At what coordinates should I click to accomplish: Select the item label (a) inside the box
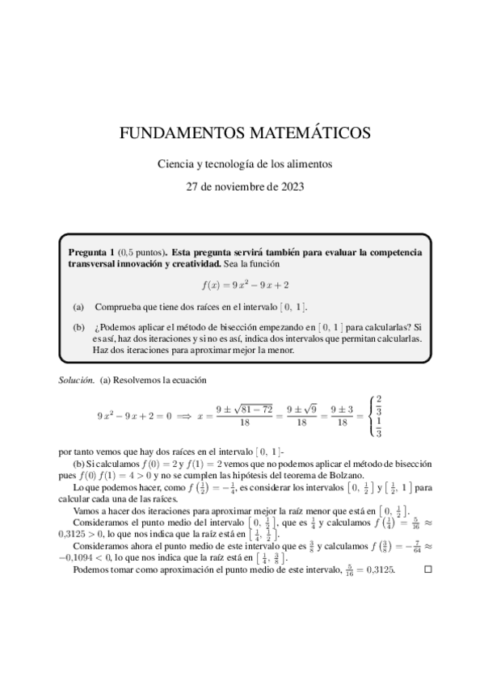[78, 308]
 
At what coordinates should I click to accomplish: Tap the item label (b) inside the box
[78, 327]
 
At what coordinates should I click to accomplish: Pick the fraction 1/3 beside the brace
[379, 430]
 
